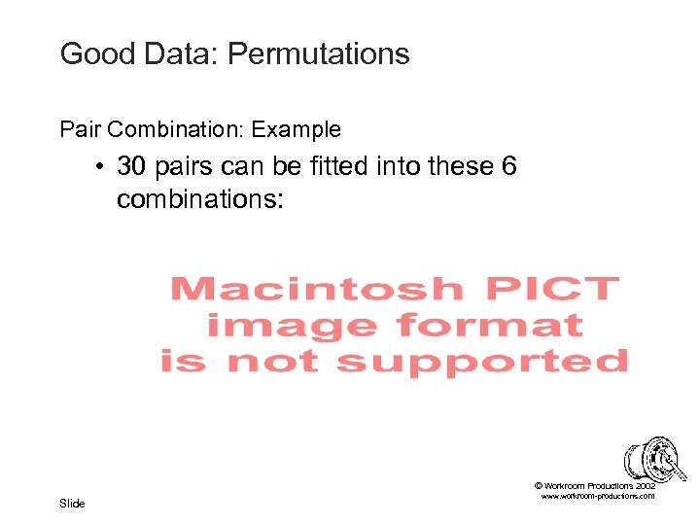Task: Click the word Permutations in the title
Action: click(x=318, y=54)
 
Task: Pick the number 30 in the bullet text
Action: click(x=132, y=166)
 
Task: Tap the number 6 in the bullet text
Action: click(x=508, y=166)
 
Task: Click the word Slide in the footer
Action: click(x=72, y=503)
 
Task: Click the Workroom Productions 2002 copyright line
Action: click(x=595, y=485)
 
